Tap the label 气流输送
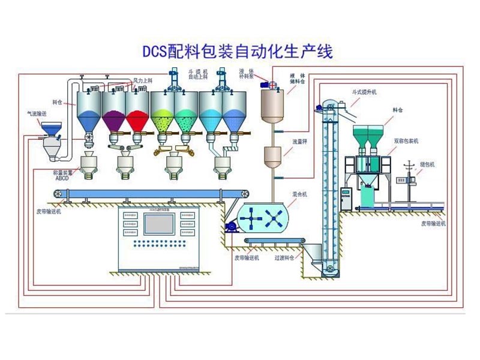[34, 112]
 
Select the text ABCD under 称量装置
[62, 178]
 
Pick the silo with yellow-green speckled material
[162, 113]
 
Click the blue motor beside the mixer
[230, 226]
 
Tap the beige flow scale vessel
[273, 157]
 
